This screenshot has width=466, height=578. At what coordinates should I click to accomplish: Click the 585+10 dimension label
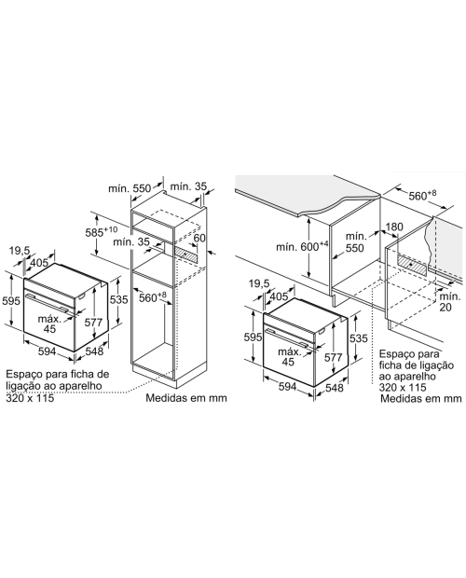pyautogui.click(x=102, y=232)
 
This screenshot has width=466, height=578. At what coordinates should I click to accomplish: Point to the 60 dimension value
pyautogui.click(x=199, y=238)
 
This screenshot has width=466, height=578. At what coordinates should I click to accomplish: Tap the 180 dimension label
pyautogui.click(x=394, y=227)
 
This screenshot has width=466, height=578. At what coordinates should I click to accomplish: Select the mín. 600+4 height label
pyautogui.click(x=302, y=246)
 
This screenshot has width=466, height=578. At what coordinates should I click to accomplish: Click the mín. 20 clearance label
pyautogui.click(x=449, y=301)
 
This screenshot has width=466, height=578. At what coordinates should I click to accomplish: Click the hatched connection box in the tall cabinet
pyautogui.click(x=186, y=254)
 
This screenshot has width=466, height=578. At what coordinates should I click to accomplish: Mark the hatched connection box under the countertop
pyautogui.click(x=412, y=264)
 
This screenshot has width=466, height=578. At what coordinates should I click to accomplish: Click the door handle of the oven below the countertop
pyautogui.click(x=288, y=337)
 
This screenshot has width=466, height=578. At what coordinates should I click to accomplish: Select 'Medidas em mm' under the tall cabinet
pyautogui.click(x=186, y=398)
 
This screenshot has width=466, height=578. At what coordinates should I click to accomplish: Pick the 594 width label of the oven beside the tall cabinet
pyautogui.click(x=48, y=351)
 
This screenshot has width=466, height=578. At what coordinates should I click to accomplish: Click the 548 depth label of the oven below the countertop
pyautogui.click(x=334, y=388)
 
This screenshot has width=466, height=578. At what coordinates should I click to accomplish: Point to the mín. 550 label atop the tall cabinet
pyautogui.click(x=130, y=188)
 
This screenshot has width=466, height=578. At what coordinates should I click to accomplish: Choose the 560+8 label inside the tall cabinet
pyautogui.click(x=153, y=297)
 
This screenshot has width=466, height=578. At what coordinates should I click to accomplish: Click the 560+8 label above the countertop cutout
pyautogui.click(x=422, y=195)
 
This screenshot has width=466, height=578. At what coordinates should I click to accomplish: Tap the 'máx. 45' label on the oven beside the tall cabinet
pyautogui.click(x=49, y=323)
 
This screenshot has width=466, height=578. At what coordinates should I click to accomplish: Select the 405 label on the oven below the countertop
pyautogui.click(x=279, y=296)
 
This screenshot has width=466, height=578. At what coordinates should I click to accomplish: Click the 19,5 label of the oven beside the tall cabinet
pyautogui.click(x=20, y=251)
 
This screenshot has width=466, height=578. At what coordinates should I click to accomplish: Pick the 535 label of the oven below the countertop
pyautogui.click(x=359, y=338)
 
